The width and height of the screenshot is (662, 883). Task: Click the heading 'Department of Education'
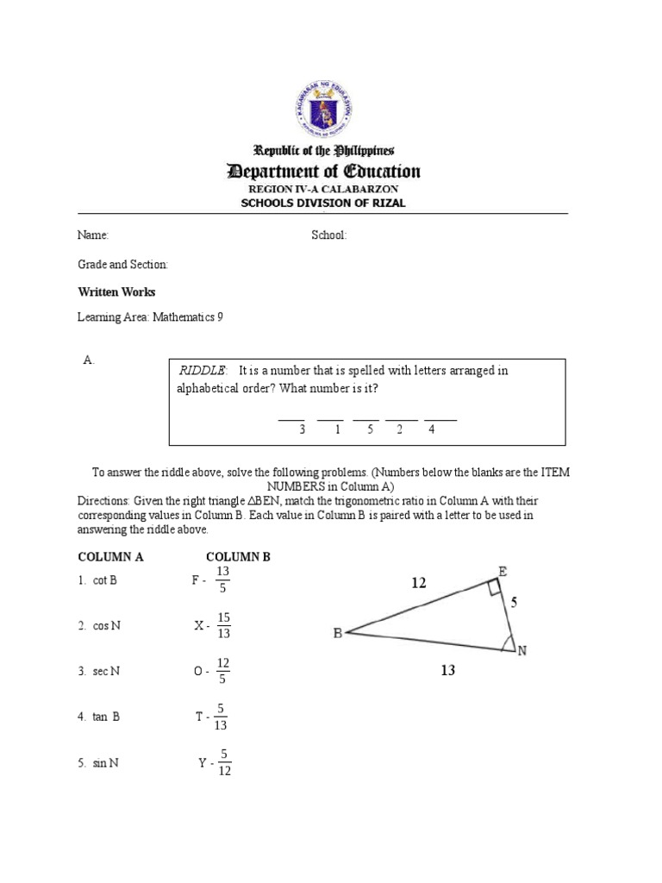coord(323,172)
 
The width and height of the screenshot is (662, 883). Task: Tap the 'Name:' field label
coord(93,235)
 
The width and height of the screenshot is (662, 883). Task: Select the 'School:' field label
coord(328,235)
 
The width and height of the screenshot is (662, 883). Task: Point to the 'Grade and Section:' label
coord(123,264)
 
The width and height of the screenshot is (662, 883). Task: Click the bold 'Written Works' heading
coord(116,292)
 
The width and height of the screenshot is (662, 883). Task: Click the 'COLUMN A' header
coord(110,557)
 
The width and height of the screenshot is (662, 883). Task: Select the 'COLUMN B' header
coord(238,557)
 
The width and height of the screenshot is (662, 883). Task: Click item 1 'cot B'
coord(98,580)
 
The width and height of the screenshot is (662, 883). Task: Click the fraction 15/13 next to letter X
coord(223,625)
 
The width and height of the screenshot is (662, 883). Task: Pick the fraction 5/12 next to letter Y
coord(223,762)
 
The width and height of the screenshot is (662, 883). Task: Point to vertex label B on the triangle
coord(338,633)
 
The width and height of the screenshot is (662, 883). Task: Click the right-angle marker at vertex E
coord(493,588)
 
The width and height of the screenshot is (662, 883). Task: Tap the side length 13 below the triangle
coord(447,670)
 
